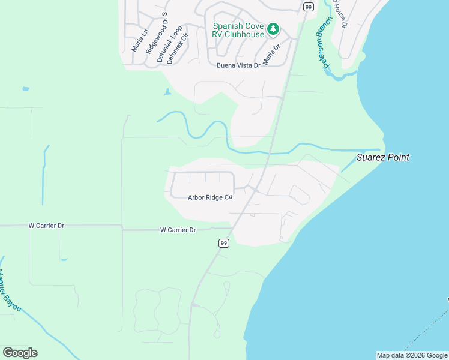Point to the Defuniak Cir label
coord(178,47)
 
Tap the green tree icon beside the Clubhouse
coord(273,28)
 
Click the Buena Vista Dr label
coord(239,65)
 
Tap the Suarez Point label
coord(382,157)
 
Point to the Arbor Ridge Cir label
coord(210,197)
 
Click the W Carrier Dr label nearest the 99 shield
coord(178,230)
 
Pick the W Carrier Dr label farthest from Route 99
coord(46,226)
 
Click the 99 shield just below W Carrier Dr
coord(223,243)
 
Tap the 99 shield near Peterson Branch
coord(308,7)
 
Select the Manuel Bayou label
coord(10,292)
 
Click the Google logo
coord(20,353)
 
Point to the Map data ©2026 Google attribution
coord(411,355)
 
